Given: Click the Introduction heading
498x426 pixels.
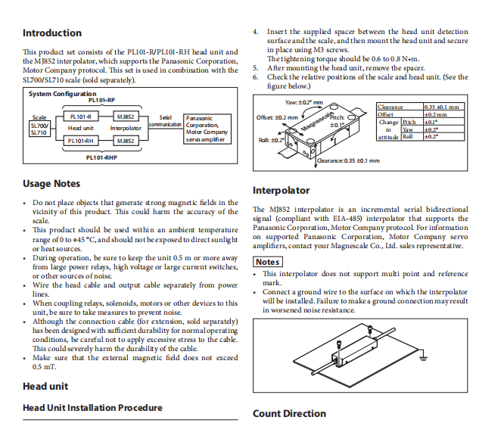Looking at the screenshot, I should pos(52,33).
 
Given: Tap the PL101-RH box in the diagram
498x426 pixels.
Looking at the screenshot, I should pos(80,141).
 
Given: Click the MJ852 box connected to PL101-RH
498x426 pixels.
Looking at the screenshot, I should pos(126,141).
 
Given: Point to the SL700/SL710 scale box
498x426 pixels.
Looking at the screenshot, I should pos(39,129).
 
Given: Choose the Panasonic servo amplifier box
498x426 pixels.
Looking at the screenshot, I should pos(206,129).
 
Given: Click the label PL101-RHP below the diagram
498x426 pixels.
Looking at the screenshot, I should pos(102,157).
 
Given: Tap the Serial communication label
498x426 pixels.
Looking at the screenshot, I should pos(166,121).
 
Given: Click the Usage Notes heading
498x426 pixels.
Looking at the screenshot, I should pos(51,184).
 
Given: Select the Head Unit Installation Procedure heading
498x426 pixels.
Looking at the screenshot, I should pos(92,408).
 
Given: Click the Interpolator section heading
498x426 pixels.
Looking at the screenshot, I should pos(281,191).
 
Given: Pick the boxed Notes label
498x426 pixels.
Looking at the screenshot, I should pos(267,262).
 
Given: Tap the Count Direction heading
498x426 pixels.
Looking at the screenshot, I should pos(289,414).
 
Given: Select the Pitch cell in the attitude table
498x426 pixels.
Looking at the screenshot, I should pos(409,122).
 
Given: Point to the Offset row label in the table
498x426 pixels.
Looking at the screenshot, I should pos(387,115).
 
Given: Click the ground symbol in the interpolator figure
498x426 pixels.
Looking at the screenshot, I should pos(424,356).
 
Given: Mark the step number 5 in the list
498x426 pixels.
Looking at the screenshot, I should pos(256,68).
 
